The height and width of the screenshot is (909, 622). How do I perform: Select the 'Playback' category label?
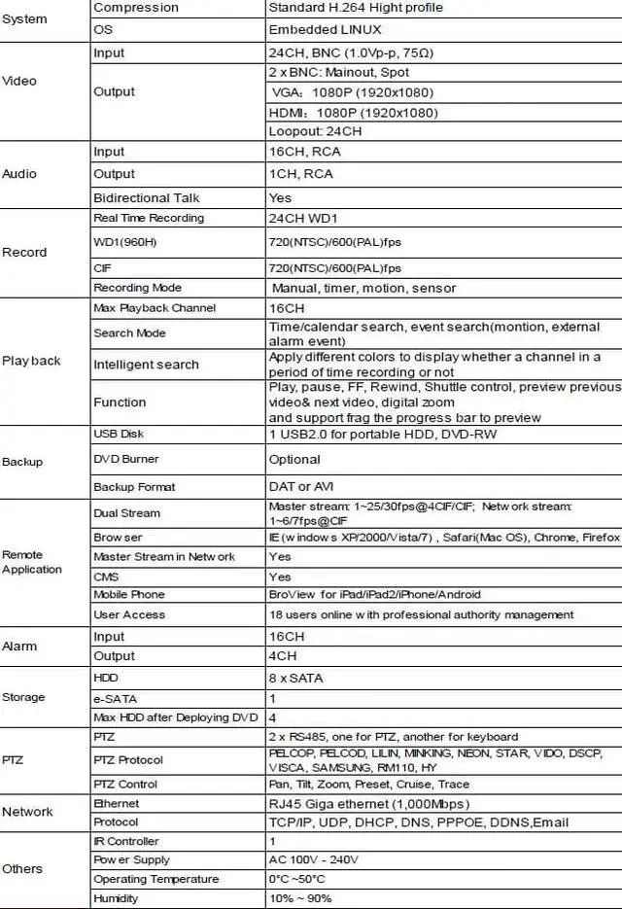tap(31, 361)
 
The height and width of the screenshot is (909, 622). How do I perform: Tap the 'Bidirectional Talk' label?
tap(146, 197)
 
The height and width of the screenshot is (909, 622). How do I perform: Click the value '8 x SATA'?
tap(296, 677)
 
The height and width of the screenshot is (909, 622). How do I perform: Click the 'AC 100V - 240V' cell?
tap(314, 859)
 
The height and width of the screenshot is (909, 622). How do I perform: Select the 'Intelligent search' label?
tap(146, 365)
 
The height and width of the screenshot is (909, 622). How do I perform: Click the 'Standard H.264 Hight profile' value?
tap(355, 8)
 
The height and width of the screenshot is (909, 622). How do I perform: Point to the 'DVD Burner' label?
tap(126, 459)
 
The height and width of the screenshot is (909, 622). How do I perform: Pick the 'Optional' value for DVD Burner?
tap(294, 459)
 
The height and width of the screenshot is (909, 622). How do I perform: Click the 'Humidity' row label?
tap(116, 898)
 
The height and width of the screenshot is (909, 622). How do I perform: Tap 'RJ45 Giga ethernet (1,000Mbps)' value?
tap(369, 804)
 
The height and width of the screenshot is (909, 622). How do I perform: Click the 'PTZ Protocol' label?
tap(128, 760)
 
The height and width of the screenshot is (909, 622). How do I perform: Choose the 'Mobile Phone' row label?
tap(129, 594)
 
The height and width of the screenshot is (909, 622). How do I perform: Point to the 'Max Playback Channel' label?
tap(155, 308)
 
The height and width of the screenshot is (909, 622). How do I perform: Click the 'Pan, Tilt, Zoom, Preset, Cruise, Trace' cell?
tap(368, 784)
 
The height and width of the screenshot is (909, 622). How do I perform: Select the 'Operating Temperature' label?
tap(156, 879)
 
